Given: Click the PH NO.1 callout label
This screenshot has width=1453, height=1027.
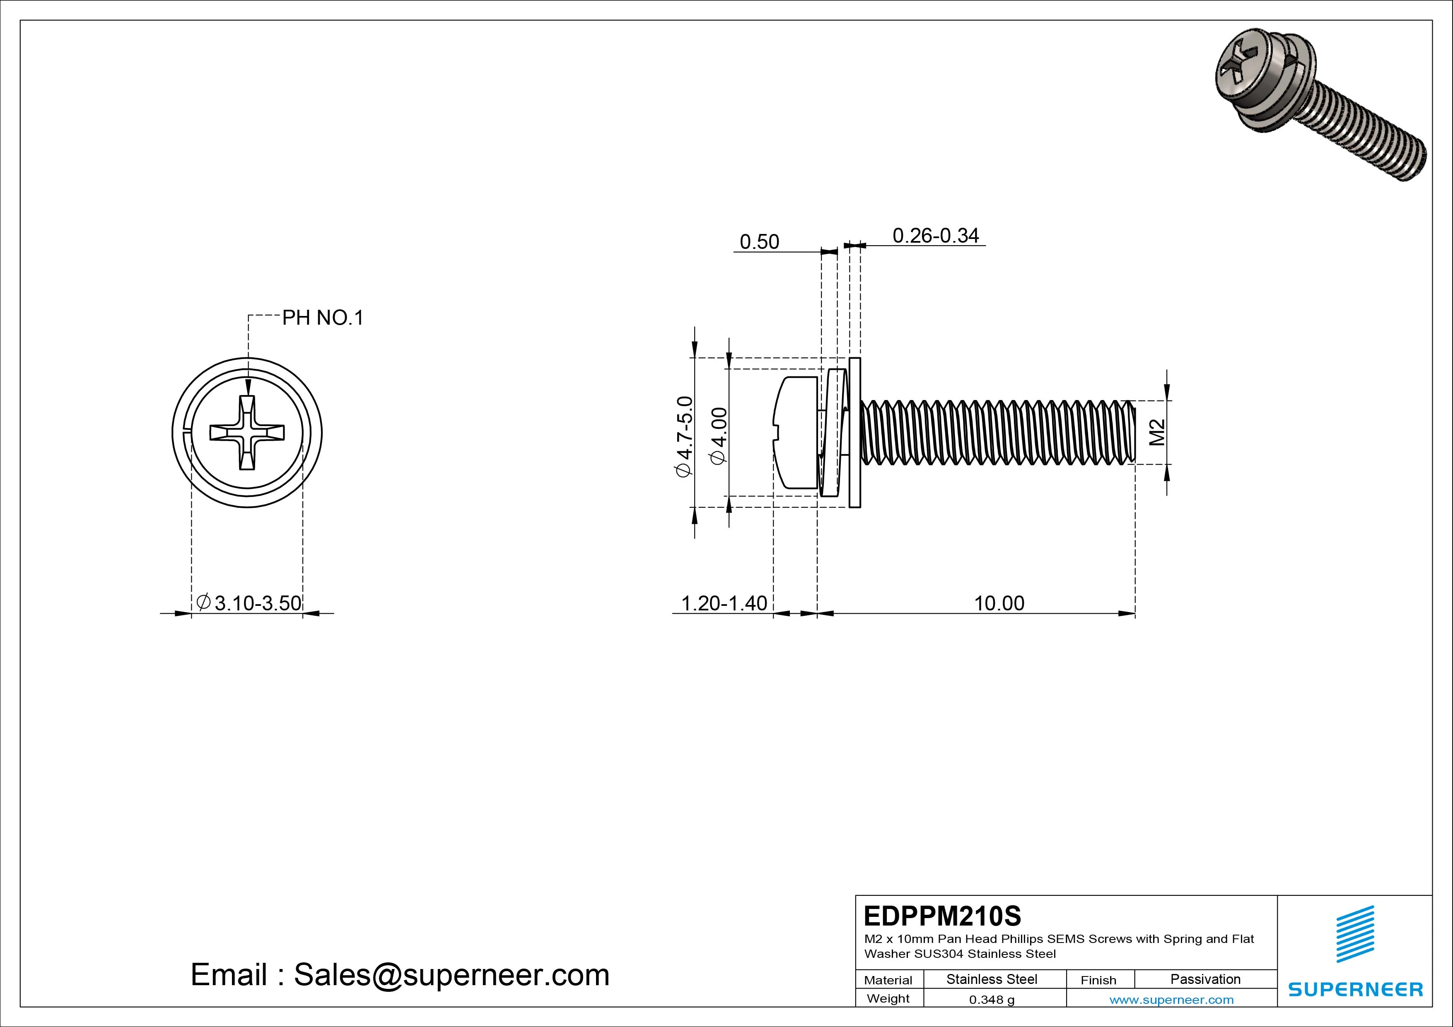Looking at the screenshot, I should pyautogui.click(x=323, y=318).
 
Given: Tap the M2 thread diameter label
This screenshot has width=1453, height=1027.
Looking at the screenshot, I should pyautogui.click(x=1157, y=432).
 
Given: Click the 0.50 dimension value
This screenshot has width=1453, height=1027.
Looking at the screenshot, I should pyautogui.click(x=759, y=242).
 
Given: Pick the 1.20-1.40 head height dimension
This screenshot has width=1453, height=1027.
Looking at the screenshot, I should pyautogui.click(x=724, y=603).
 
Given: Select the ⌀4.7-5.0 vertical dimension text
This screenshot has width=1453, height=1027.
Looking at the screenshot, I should pyautogui.click(x=685, y=436).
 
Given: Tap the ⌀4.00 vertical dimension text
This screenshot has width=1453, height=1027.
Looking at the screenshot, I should pyautogui.click(x=719, y=436).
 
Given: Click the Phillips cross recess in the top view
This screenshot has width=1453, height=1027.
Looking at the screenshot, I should pyautogui.click(x=247, y=433).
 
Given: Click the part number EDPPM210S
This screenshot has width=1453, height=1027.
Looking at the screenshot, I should pyautogui.click(x=942, y=916).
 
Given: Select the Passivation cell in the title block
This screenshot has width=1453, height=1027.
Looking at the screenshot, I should pyautogui.click(x=1205, y=979).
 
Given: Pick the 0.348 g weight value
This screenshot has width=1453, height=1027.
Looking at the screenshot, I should pyautogui.click(x=992, y=1000).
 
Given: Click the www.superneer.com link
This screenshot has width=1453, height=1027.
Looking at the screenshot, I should pyautogui.click(x=1171, y=1000).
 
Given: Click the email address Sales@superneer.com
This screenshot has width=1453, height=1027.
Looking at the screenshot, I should pyautogui.click(x=451, y=974).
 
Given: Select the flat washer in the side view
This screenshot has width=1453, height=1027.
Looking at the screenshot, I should pyautogui.click(x=854, y=432).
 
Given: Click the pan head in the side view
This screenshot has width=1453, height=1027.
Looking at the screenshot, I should pyautogui.click(x=796, y=432).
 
